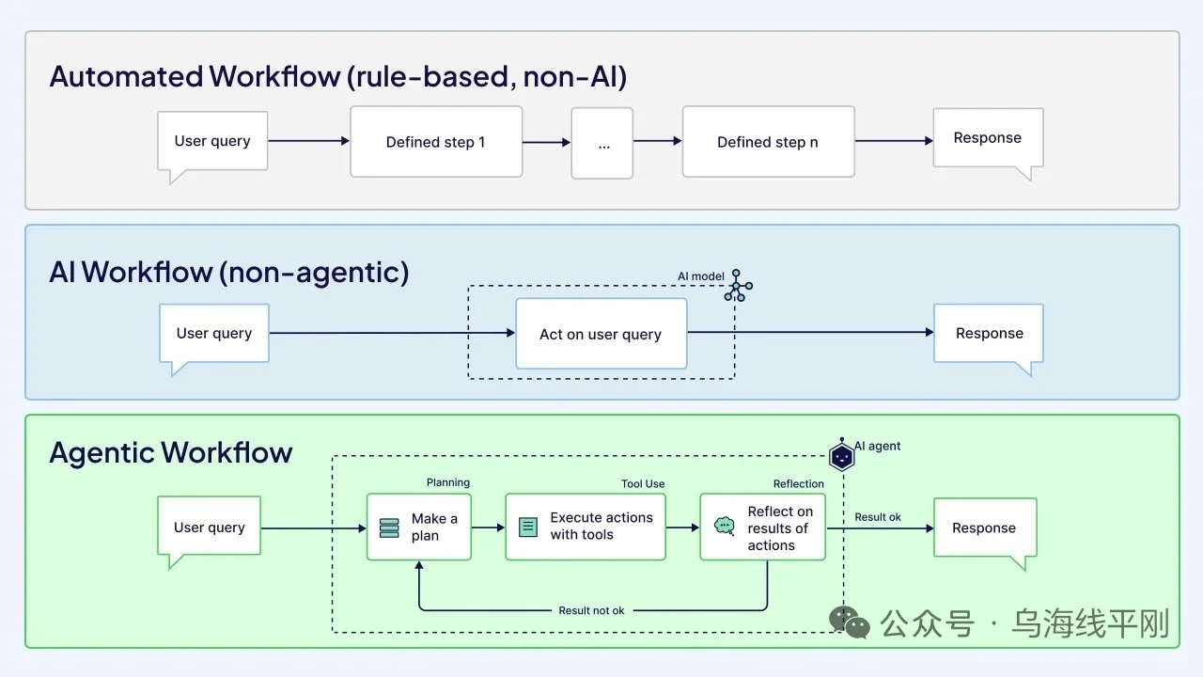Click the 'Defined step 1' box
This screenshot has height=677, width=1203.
tap(436, 142)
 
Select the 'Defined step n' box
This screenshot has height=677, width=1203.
tap(769, 142)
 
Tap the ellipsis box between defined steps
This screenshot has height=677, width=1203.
tap(602, 143)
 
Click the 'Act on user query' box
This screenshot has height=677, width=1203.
tap(601, 334)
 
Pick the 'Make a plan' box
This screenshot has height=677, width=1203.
tap(419, 527)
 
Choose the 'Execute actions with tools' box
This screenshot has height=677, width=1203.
tap(586, 527)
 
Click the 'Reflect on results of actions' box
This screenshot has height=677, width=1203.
tap(762, 527)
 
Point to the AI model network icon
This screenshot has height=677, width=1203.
tap(738, 286)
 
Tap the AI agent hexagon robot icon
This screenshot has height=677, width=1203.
tap(841, 455)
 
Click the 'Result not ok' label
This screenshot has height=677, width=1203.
tap(591, 610)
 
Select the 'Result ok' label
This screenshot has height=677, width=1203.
tap(878, 517)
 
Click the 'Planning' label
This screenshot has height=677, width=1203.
tap(448, 482)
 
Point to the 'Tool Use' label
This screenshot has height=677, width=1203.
tap(643, 483)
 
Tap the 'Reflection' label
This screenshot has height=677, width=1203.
tap(799, 483)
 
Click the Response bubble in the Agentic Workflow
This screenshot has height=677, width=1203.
tap(985, 533)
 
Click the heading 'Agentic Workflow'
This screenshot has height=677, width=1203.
tap(171, 452)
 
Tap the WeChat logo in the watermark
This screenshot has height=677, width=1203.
tap(849, 622)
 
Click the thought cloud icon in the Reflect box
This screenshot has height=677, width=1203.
tap(725, 526)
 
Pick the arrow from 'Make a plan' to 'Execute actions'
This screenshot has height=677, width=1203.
tap(488, 527)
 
